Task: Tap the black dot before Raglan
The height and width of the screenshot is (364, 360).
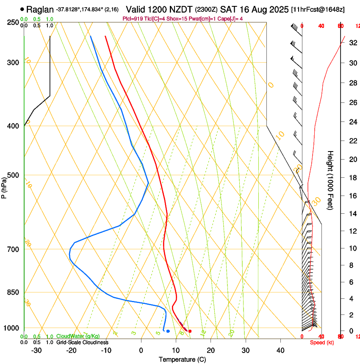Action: [22, 9]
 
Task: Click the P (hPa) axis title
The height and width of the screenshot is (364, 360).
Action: [4, 187]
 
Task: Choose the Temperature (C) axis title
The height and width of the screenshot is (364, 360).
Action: [182, 359]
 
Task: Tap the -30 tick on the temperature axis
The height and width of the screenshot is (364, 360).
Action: [36, 350]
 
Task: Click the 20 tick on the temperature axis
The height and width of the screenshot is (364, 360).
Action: [210, 350]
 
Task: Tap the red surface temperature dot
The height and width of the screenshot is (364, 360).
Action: [190, 331]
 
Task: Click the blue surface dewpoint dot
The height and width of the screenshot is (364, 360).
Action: [168, 331]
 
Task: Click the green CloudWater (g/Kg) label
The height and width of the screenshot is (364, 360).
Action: [78, 336]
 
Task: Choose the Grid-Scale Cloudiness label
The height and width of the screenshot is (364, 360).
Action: [82, 342]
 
